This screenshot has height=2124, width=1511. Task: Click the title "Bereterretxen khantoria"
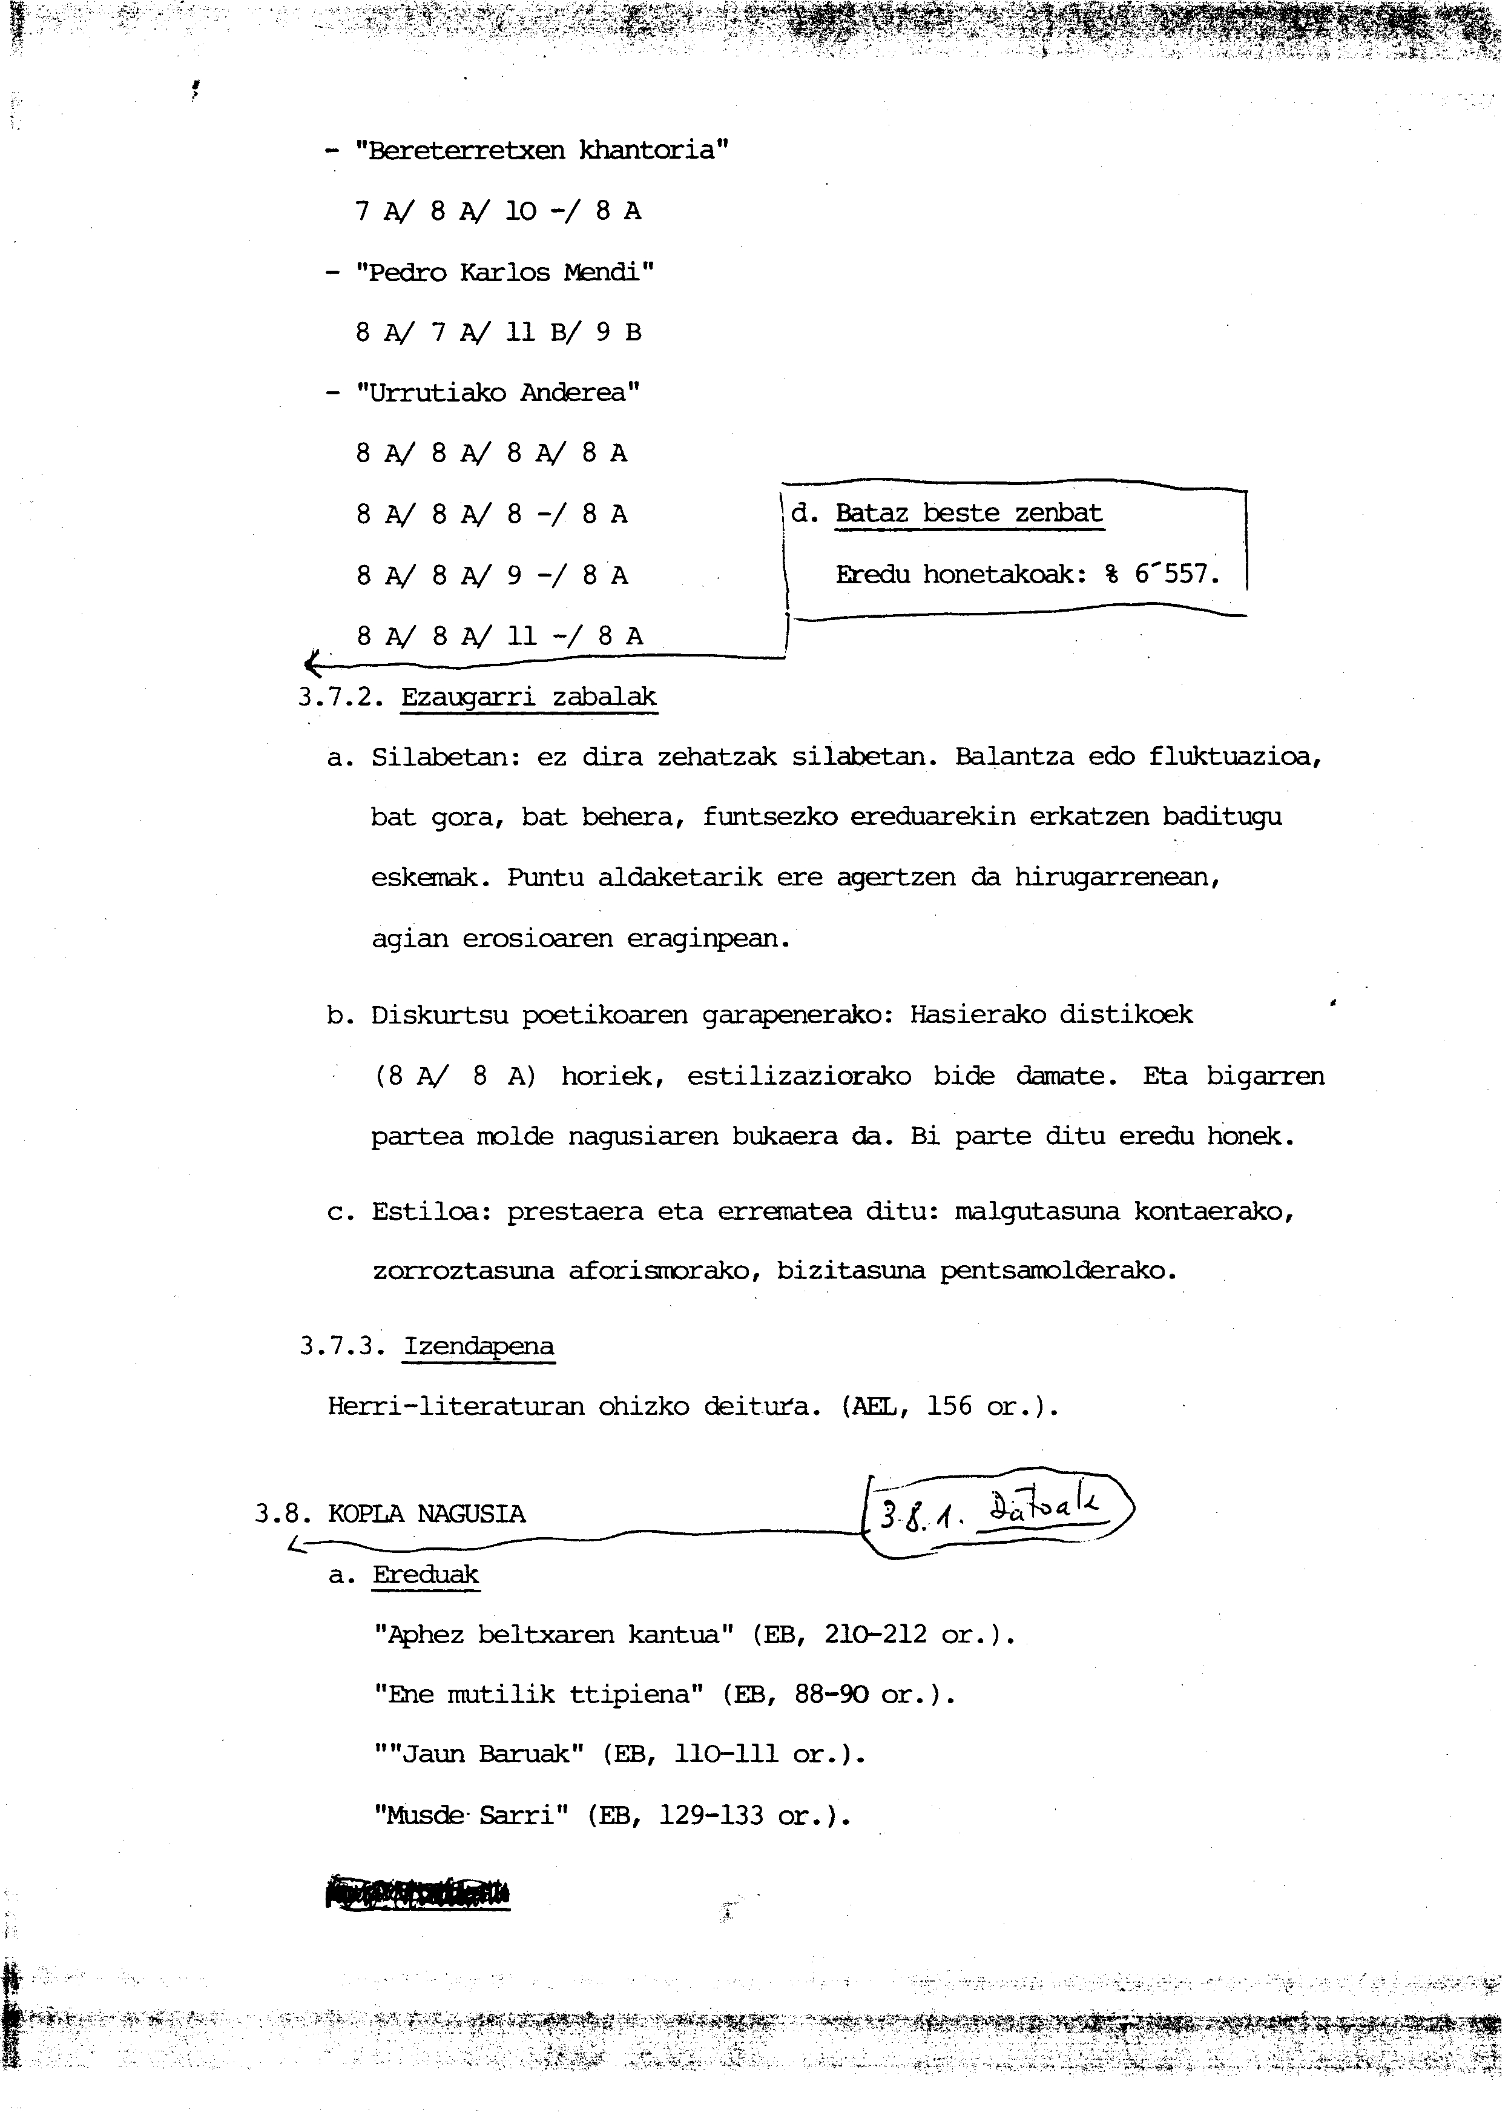click(542, 151)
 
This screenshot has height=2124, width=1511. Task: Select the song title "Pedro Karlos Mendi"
click(505, 273)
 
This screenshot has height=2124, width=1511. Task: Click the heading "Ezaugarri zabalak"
click(528, 697)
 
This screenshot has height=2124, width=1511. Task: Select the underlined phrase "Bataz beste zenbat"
click(969, 513)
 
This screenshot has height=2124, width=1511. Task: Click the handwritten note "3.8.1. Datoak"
click(996, 1514)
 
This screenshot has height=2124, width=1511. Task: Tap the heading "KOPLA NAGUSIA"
click(427, 1514)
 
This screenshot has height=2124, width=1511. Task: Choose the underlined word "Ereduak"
click(426, 1575)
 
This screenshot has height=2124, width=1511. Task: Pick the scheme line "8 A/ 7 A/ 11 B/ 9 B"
click(499, 332)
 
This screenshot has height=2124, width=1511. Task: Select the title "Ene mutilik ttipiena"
click(539, 1695)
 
